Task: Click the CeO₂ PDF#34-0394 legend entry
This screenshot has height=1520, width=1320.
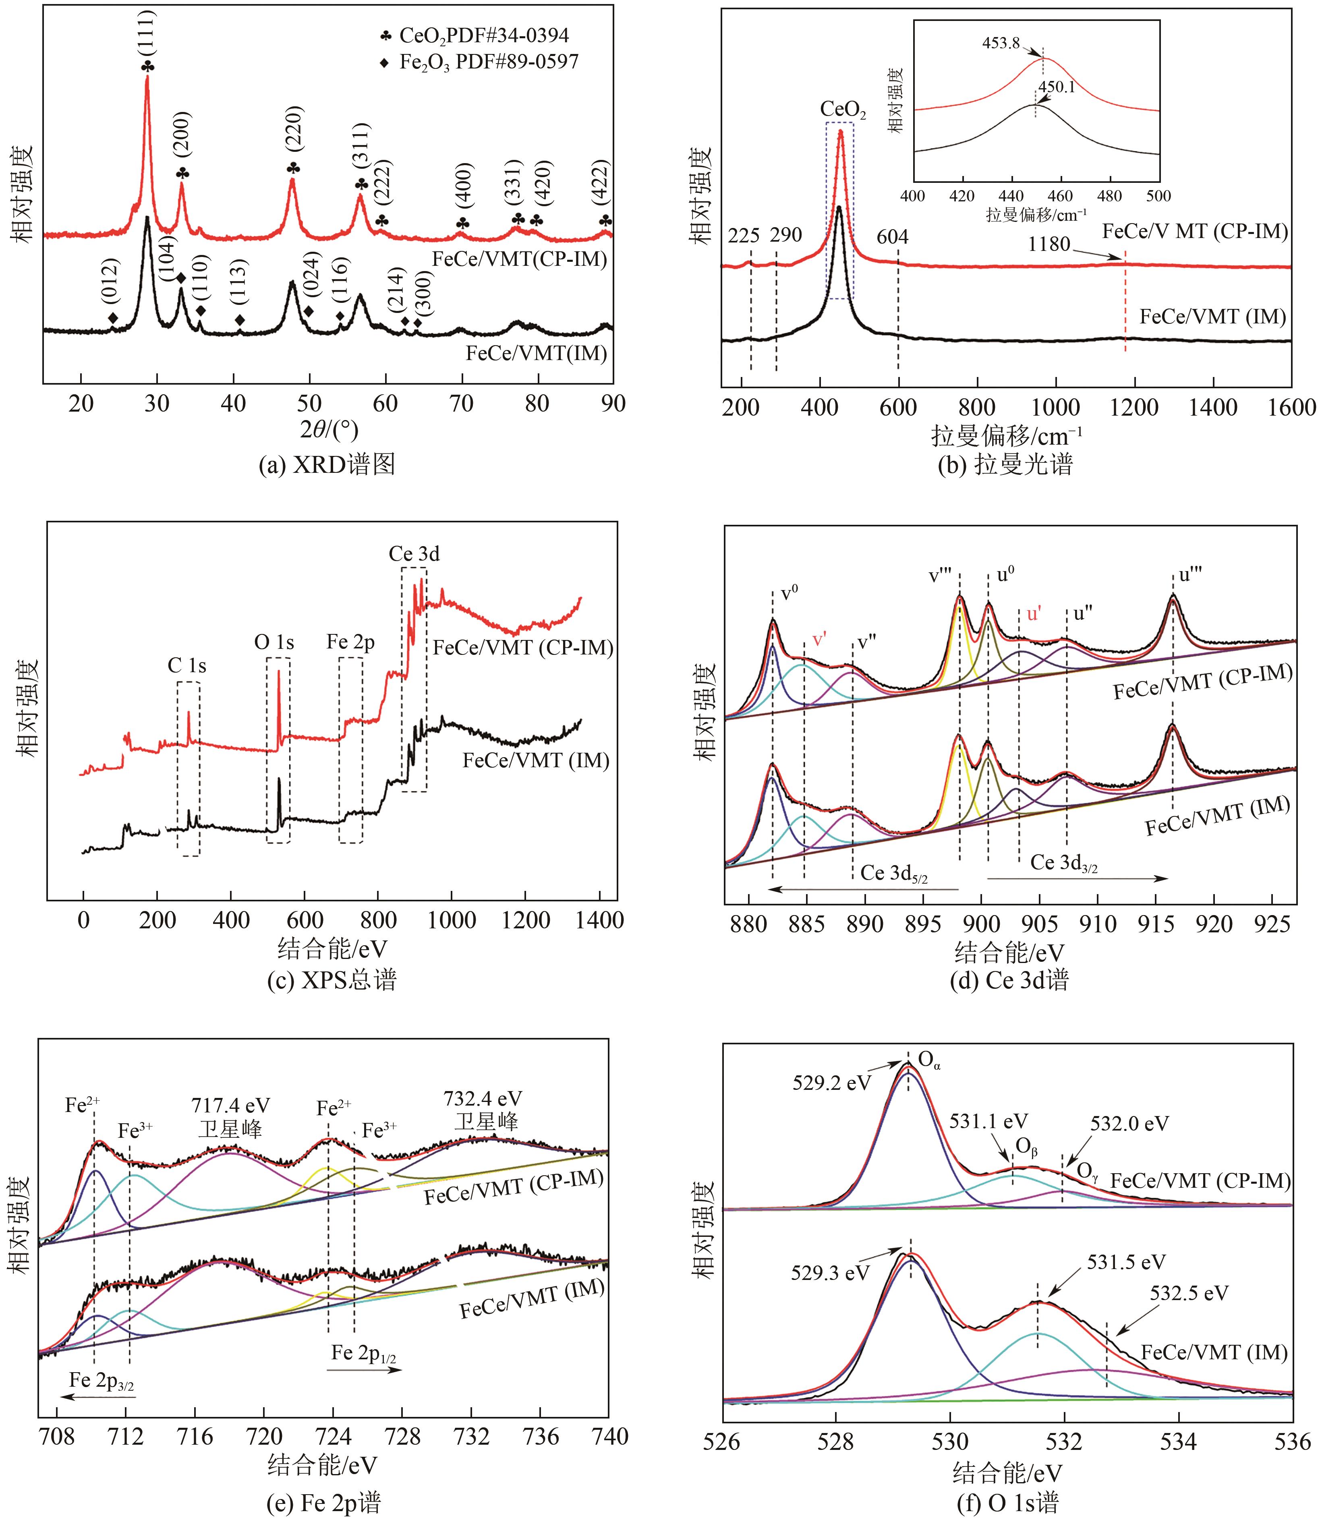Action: coord(475,35)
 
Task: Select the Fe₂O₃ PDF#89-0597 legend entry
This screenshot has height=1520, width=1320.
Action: coord(479,62)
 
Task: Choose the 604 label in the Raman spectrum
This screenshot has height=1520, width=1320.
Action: coord(892,237)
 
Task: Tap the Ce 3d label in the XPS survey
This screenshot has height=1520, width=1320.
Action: coord(414,554)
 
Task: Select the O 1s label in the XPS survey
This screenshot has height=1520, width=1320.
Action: coord(274,642)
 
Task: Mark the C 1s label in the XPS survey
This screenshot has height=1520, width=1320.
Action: coord(187,666)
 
